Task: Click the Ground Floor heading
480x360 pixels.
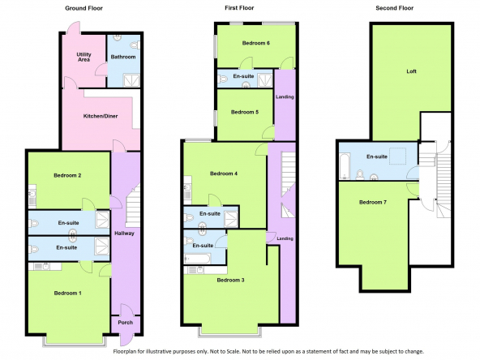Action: point(84,8)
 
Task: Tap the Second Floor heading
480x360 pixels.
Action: point(395,8)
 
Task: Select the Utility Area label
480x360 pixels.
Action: point(84,57)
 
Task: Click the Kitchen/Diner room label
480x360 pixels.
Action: point(101,116)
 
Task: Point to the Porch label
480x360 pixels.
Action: point(126,323)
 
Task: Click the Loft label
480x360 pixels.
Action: point(411,71)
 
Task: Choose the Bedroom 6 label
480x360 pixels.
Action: point(256,43)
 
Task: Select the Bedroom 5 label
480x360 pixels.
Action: point(245,112)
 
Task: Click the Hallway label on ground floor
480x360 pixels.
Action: point(124,234)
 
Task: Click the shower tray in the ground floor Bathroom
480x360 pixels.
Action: point(131,80)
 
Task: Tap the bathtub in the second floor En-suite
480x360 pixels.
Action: point(345,166)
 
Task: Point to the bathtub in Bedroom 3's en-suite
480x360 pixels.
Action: point(197,259)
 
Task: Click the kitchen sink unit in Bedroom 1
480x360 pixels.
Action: point(45,266)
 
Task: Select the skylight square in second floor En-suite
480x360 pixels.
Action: point(397,156)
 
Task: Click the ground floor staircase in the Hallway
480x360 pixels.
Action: point(133,205)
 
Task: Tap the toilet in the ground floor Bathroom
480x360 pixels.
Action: point(135,45)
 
